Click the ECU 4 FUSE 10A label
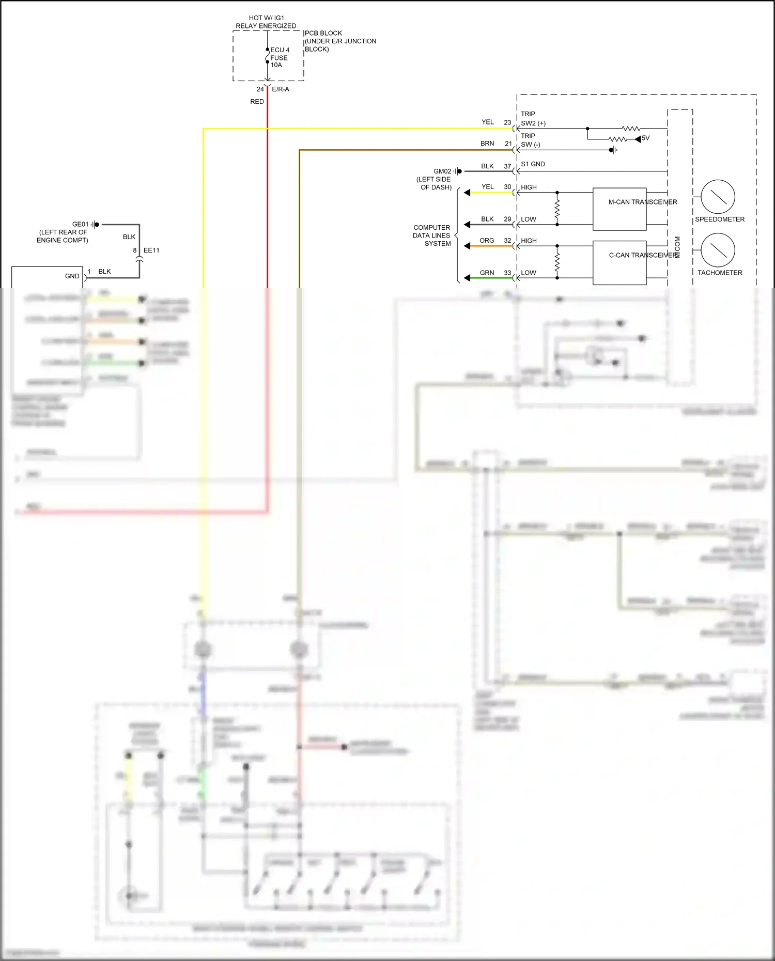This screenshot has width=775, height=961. coord(279,57)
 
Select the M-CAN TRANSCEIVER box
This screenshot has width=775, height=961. coord(619,209)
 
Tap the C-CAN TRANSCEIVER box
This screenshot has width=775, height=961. coord(619,262)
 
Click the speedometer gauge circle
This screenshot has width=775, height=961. coord(718,197)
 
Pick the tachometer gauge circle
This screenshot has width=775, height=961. coord(718,250)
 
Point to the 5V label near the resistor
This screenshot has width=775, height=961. coord(645,138)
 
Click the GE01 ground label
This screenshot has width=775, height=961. coord(80,224)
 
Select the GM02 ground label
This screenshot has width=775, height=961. coord(442,171)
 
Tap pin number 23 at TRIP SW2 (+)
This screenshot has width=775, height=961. coord(507,122)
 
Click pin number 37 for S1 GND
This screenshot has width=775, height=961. coord(507,166)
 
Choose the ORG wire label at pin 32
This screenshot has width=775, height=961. coord(487,241)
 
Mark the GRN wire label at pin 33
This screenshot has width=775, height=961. coord(487,273)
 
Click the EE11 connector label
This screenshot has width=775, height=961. coord(151,250)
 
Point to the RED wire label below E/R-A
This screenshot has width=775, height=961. coord(257,102)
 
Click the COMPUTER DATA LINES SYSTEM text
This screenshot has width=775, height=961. coord(432,235)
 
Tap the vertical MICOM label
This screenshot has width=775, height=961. coord(677,247)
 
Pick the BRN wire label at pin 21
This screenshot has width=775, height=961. coord(487,144)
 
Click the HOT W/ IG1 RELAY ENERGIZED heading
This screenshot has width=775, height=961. coord(266,22)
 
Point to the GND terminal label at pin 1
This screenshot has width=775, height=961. coord(72,276)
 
